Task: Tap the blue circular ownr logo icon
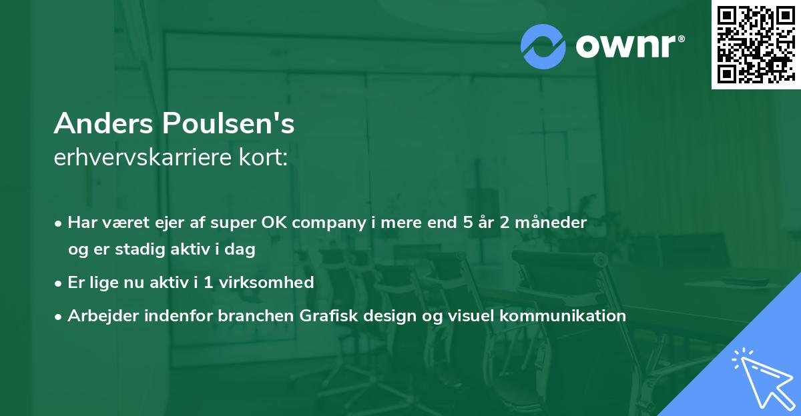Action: click(543, 45)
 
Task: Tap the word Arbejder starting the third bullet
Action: click(99, 316)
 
